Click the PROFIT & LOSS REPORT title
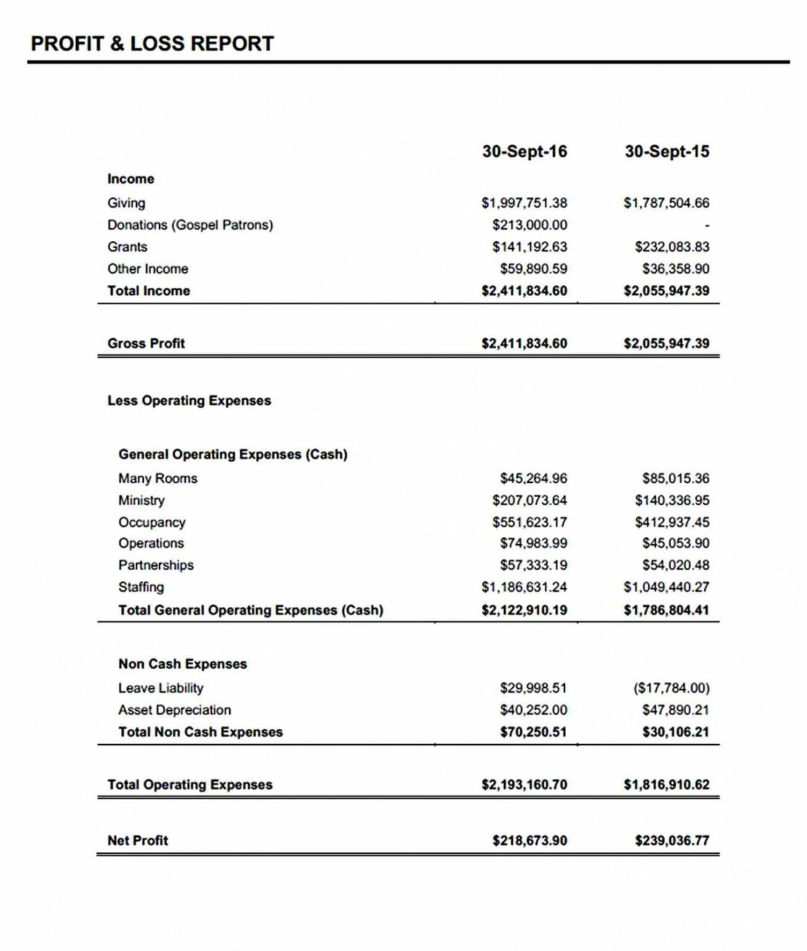(152, 43)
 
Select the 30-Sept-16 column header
(524, 152)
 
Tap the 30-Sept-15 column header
(666, 152)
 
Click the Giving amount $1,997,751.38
(524, 203)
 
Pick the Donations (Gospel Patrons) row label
(190, 225)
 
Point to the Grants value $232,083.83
(672, 247)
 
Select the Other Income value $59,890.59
(533, 269)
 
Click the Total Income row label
(149, 291)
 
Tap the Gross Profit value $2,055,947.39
(666, 344)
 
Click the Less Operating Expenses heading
(189, 401)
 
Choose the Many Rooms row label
(157, 479)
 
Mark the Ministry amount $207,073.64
(530, 500)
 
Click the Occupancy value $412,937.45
(672, 523)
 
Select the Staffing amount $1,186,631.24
(524, 587)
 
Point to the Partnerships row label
(155, 565)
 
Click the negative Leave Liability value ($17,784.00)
(671, 688)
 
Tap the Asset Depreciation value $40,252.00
(533, 710)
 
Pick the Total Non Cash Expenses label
(200, 732)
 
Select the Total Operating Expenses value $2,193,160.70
(524, 785)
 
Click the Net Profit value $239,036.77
(672, 841)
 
